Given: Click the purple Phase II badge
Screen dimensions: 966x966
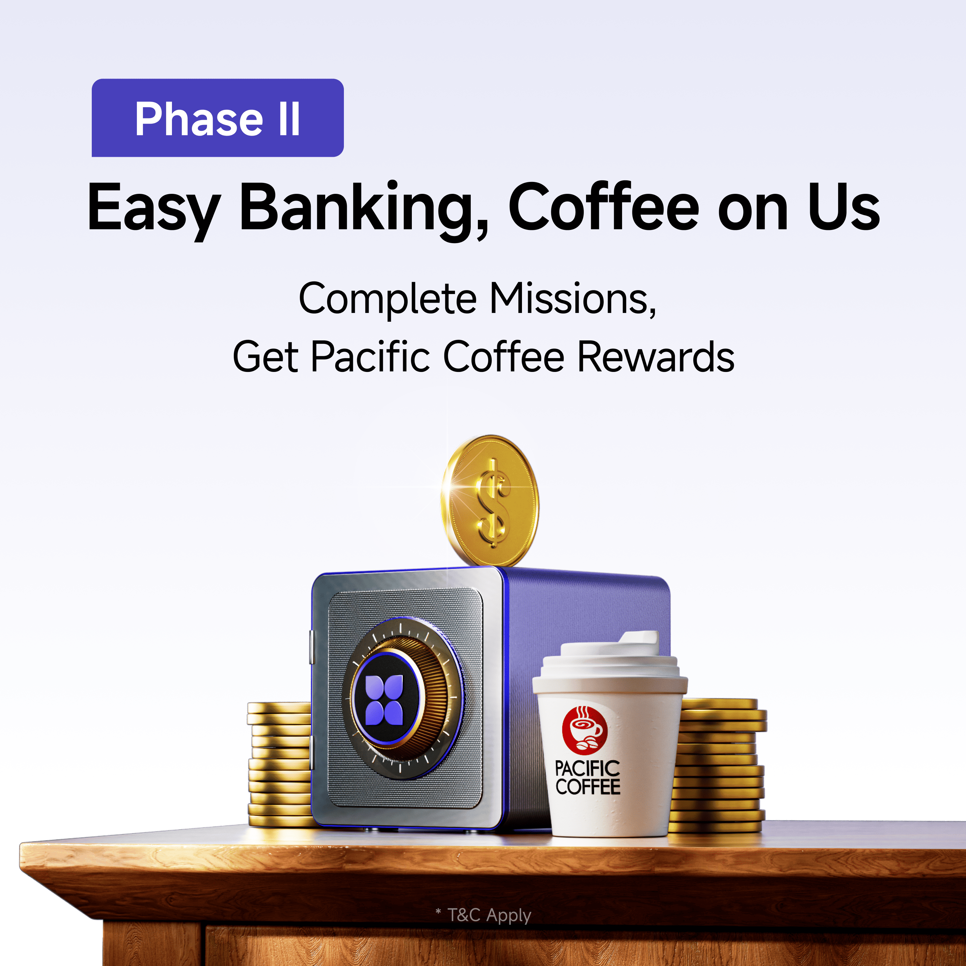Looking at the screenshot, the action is click(x=217, y=118).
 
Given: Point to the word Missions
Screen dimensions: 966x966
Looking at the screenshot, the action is click(x=573, y=299).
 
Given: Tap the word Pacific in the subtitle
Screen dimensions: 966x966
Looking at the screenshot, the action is click(x=371, y=356).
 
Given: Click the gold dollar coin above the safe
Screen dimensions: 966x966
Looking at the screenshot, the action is click(x=490, y=500).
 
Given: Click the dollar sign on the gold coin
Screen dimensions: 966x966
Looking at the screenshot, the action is click(x=493, y=503).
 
